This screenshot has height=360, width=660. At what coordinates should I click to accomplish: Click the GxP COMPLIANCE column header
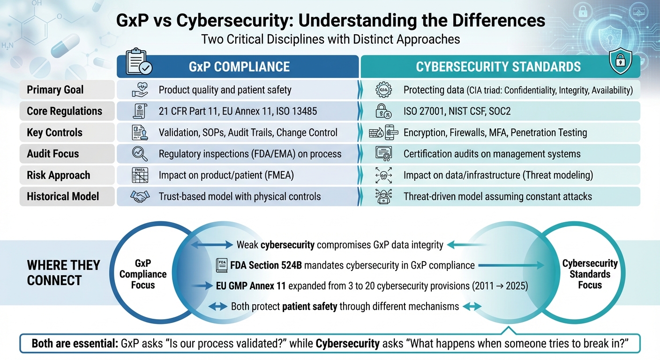point(239,67)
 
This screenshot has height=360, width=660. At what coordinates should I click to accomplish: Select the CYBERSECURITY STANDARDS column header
point(498,67)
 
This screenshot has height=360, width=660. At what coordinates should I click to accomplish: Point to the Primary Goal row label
point(55,90)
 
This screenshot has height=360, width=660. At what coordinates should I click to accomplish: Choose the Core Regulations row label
point(64,111)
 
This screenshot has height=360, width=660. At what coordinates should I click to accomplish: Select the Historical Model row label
point(63,196)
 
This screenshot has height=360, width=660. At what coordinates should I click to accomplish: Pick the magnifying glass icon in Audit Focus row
point(140,154)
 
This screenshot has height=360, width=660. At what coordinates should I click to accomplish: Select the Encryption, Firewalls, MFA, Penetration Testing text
point(495,133)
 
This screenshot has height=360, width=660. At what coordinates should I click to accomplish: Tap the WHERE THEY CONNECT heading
point(63,273)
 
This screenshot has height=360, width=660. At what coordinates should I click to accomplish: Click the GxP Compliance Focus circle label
point(143,274)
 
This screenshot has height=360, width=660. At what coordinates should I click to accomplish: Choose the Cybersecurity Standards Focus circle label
point(590,274)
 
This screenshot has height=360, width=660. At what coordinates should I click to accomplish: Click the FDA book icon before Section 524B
point(221,266)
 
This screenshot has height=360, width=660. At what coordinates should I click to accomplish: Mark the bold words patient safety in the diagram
point(309,307)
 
